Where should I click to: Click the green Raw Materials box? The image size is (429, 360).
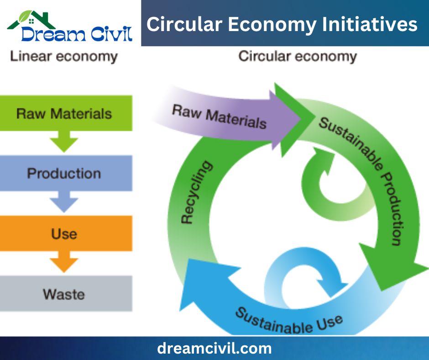click(x=66, y=113)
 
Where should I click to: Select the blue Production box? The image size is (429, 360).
click(x=66, y=173)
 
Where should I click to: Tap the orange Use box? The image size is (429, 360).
click(x=66, y=233)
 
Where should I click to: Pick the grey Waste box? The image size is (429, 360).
click(x=66, y=293)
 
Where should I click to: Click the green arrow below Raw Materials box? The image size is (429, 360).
click(x=64, y=142)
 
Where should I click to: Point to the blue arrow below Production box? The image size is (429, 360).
click(x=64, y=201)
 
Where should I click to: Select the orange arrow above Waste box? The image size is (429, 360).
click(x=64, y=262)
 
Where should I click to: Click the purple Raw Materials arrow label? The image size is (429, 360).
click(x=219, y=116)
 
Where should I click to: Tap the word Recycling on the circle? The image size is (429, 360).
click(x=196, y=192)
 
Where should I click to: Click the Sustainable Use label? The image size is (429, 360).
click(x=288, y=321)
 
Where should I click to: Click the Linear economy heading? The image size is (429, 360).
click(x=64, y=57)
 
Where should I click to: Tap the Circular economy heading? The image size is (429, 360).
click(x=298, y=57)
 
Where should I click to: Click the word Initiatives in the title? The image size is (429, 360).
click(x=370, y=24)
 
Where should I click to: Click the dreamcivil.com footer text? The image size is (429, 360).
click(x=214, y=348)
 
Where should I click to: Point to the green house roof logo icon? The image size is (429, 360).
click(x=31, y=20)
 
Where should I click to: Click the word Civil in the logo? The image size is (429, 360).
click(x=112, y=34)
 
